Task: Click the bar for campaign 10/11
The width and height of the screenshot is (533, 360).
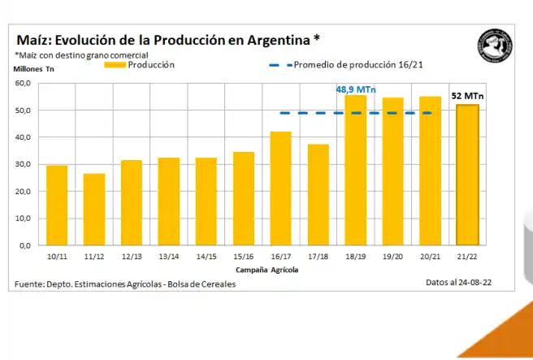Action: pos(56,205)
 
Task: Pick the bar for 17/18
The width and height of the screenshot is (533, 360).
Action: pos(318,194)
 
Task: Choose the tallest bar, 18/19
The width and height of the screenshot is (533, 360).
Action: pos(356,170)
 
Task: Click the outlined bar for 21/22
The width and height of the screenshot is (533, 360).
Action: pos(467,175)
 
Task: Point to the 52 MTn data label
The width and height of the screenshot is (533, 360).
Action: pos(467,96)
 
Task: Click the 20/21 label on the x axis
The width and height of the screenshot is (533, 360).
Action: pos(430,257)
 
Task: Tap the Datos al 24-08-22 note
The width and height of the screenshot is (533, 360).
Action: pos(458,282)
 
